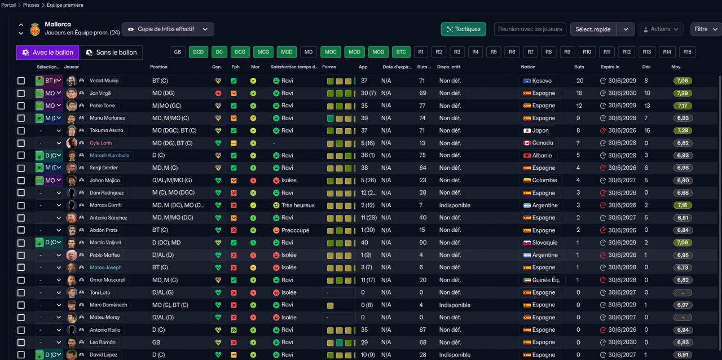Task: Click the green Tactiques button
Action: pyautogui.click(x=463, y=29)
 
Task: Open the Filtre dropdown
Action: pyautogui.click(x=705, y=29)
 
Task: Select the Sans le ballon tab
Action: pyautogui.click(x=111, y=52)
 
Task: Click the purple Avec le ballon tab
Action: pyautogui.click(x=48, y=52)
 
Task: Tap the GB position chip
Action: pyautogui.click(x=178, y=52)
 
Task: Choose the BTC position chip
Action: pyautogui.click(x=401, y=52)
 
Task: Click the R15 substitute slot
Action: pyautogui.click(x=686, y=52)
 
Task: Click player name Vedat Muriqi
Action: pyautogui.click(x=104, y=81)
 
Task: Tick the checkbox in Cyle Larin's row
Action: pyautogui.click(x=21, y=143)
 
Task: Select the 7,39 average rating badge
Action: pyautogui.click(x=683, y=93)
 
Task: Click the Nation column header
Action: pyautogui.click(x=528, y=67)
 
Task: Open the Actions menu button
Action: pyautogui.click(x=661, y=29)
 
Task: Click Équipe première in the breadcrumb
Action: pyautogui.click(x=65, y=5)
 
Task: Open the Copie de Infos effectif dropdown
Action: pyautogui.click(x=168, y=29)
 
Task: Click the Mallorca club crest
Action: pyautogui.click(x=36, y=29)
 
